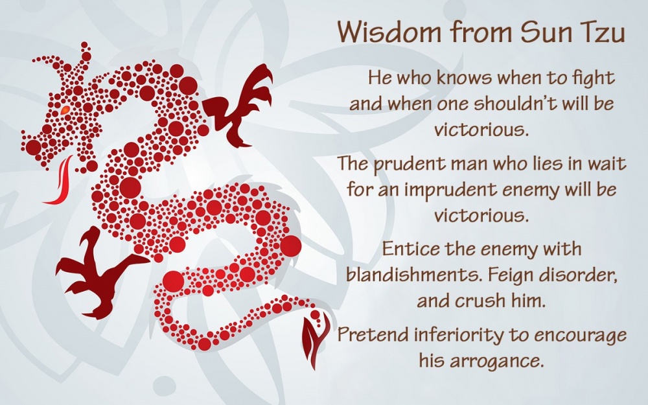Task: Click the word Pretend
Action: point(373,334)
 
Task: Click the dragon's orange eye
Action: point(65,110)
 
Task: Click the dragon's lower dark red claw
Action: point(98,275)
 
